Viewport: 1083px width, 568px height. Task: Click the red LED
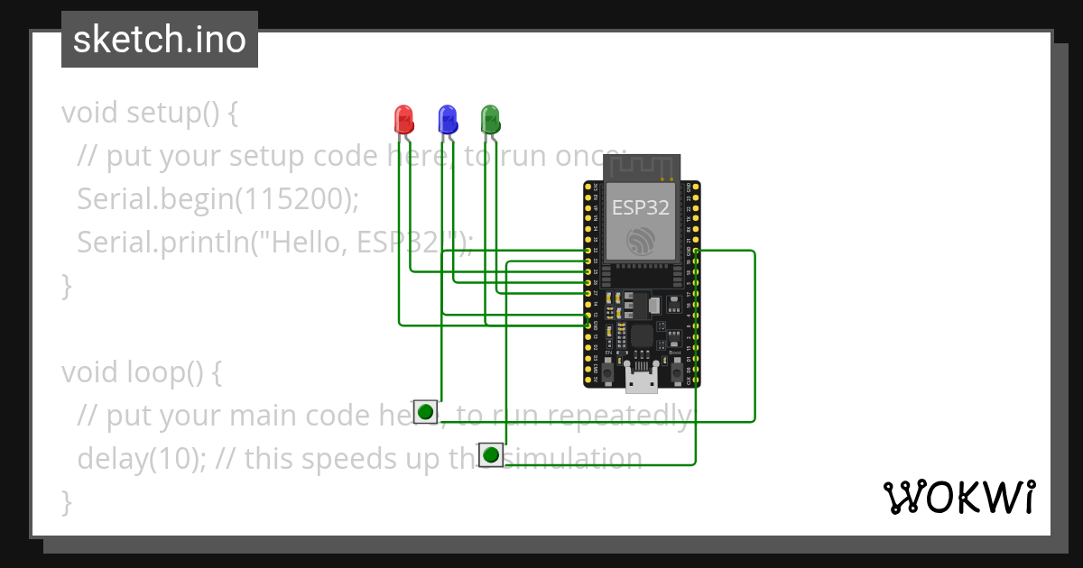[403, 118]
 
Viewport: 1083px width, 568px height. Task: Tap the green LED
[489, 118]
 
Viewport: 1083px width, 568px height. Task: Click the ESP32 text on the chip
[641, 207]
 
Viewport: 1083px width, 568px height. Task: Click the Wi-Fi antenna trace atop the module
[641, 168]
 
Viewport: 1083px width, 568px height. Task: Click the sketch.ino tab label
[160, 40]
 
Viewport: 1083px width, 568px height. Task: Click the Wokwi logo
[958, 498]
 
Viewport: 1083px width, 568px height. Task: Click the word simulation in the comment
[578, 458]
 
